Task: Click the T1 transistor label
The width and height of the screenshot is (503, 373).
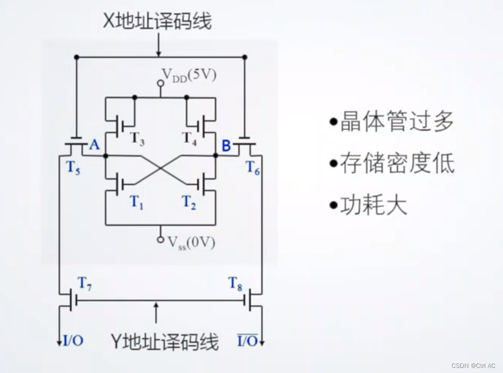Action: (x=136, y=203)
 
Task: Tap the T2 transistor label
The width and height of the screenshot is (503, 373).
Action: (x=189, y=203)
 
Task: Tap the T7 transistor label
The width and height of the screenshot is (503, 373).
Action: (x=85, y=283)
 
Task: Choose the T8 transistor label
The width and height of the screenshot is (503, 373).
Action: (x=235, y=283)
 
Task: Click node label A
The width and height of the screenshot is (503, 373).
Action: (x=94, y=146)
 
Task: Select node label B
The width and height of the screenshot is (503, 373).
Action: (x=226, y=146)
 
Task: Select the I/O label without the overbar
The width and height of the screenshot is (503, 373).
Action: (x=73, y=340)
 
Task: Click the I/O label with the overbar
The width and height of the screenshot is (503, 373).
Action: (x=247, y=340)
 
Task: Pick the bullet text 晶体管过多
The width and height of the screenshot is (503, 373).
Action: (x=397, y=122)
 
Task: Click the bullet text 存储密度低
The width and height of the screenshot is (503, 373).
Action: (x=397, y=164)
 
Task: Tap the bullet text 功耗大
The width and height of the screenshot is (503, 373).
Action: (x=374, y=206)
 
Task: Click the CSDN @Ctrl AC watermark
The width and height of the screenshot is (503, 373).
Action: (x=473, y=365)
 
